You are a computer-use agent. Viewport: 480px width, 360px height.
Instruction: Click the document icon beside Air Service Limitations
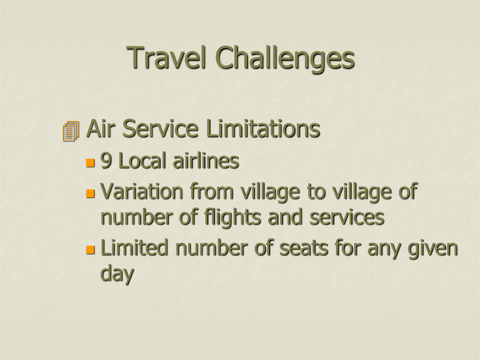coord(71,131)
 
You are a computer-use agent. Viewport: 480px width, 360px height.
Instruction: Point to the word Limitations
coord(263,128)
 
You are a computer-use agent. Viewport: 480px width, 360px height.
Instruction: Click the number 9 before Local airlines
coord(106,161)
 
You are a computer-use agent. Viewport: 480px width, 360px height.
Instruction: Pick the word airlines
coord(206,160)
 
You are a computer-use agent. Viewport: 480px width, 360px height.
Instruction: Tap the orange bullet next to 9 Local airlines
coord(91,163)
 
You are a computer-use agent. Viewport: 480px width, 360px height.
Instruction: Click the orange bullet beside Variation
coord(91,193)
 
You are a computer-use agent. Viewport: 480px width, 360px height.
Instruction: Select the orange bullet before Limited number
coord(91,250)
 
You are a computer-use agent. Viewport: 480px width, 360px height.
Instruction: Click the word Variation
coord(142,191)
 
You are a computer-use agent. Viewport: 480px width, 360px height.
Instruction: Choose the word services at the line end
coord(347,217)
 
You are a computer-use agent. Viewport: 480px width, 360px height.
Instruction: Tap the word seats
coord(304,248)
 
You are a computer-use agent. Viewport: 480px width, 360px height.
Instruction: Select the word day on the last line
coord(117,274)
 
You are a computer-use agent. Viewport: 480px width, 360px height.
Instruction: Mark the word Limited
coord(134,247)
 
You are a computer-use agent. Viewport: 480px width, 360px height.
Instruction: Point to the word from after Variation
coord(212,191)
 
